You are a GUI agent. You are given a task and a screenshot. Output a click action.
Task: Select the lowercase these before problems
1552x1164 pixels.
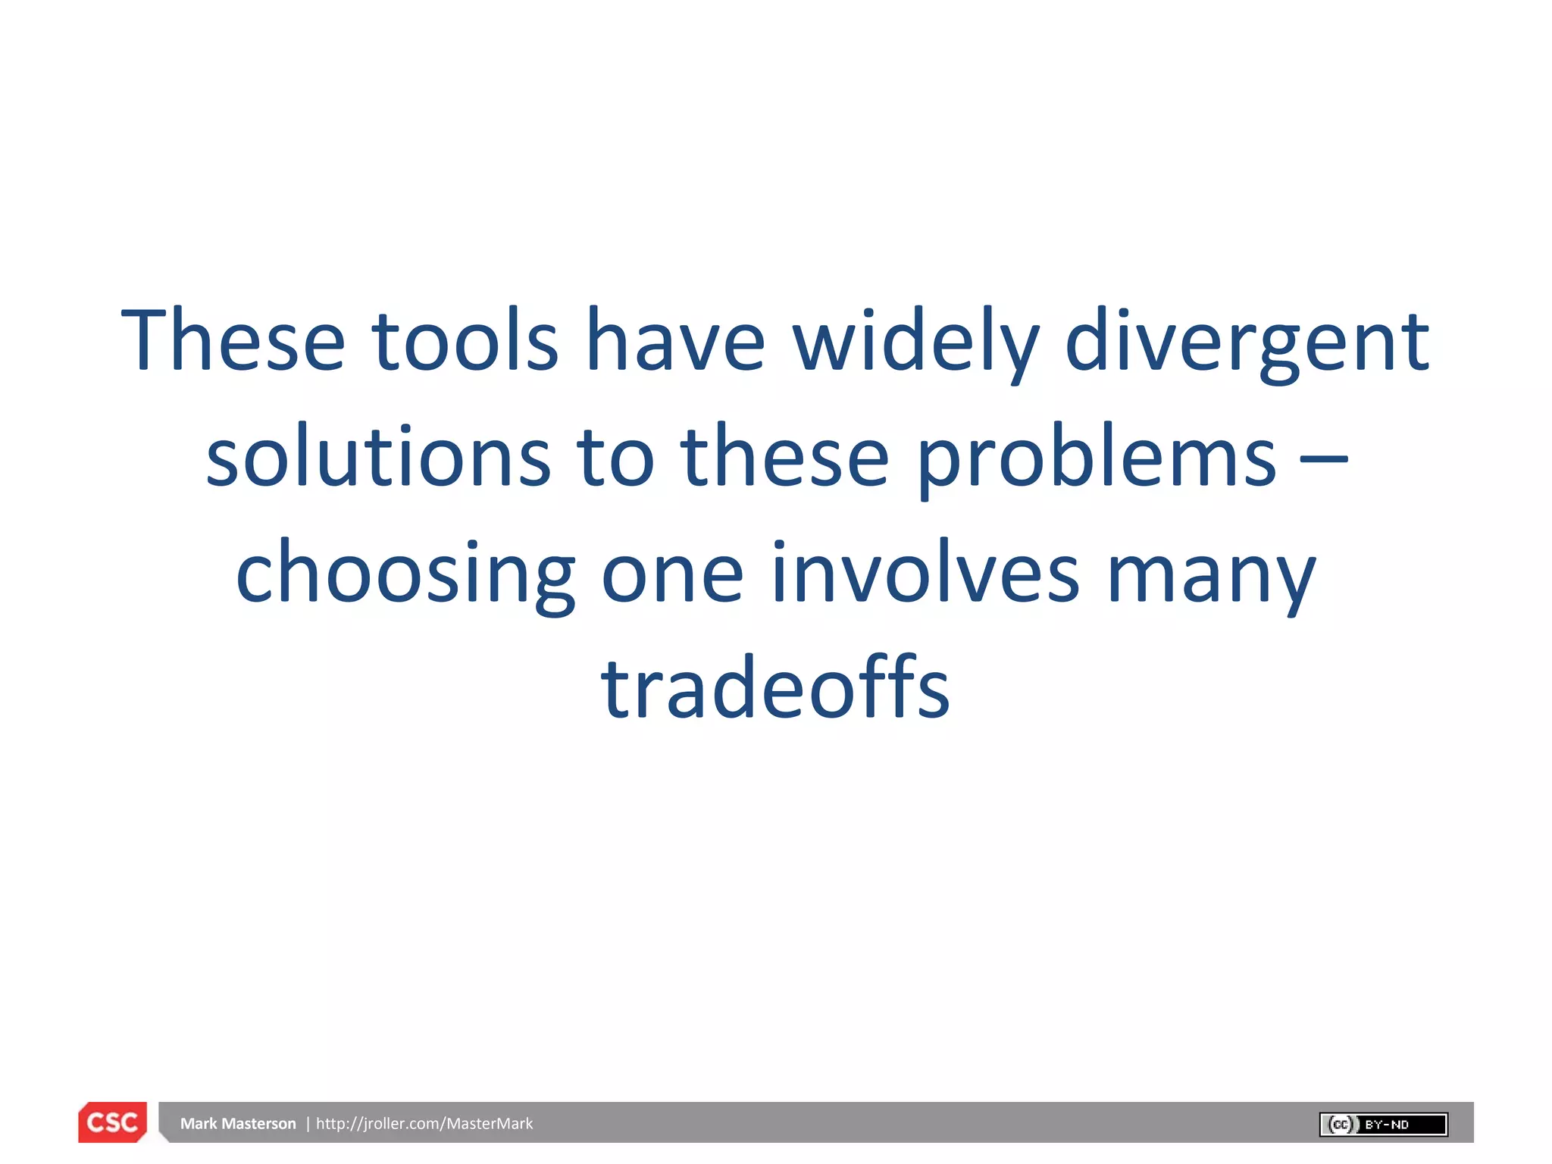[785, 456]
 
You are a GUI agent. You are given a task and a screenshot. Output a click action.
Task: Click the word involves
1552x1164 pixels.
[925, 574]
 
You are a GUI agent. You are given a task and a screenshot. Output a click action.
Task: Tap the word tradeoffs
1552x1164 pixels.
[775, 688]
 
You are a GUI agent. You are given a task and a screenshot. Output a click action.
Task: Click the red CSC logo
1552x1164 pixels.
[113, 1122]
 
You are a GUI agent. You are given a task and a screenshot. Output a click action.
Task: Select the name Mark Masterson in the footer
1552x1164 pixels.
[238, 1124]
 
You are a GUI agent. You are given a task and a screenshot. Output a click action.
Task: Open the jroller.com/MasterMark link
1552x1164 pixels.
[424, 1124]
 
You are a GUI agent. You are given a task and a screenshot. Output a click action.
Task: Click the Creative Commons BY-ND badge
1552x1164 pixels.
[1383, 1125]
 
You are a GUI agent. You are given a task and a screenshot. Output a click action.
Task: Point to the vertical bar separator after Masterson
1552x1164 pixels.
[308, 1124]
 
